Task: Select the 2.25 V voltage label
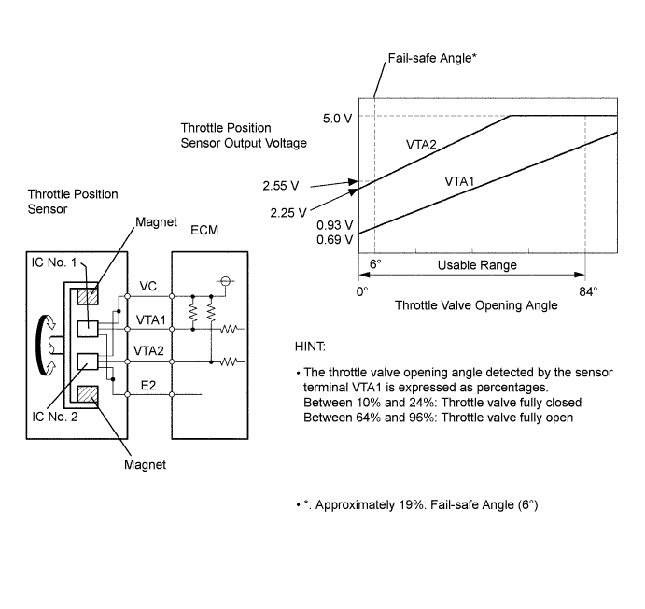(x=288, y=212)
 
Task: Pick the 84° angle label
(x=588, y=290)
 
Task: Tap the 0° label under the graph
(x=362, y=290)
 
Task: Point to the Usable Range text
(x=477, y=265)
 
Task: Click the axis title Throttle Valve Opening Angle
(x=476, y=305)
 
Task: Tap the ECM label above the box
(x=203, y=230)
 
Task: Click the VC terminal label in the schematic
(x=148, y=286)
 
